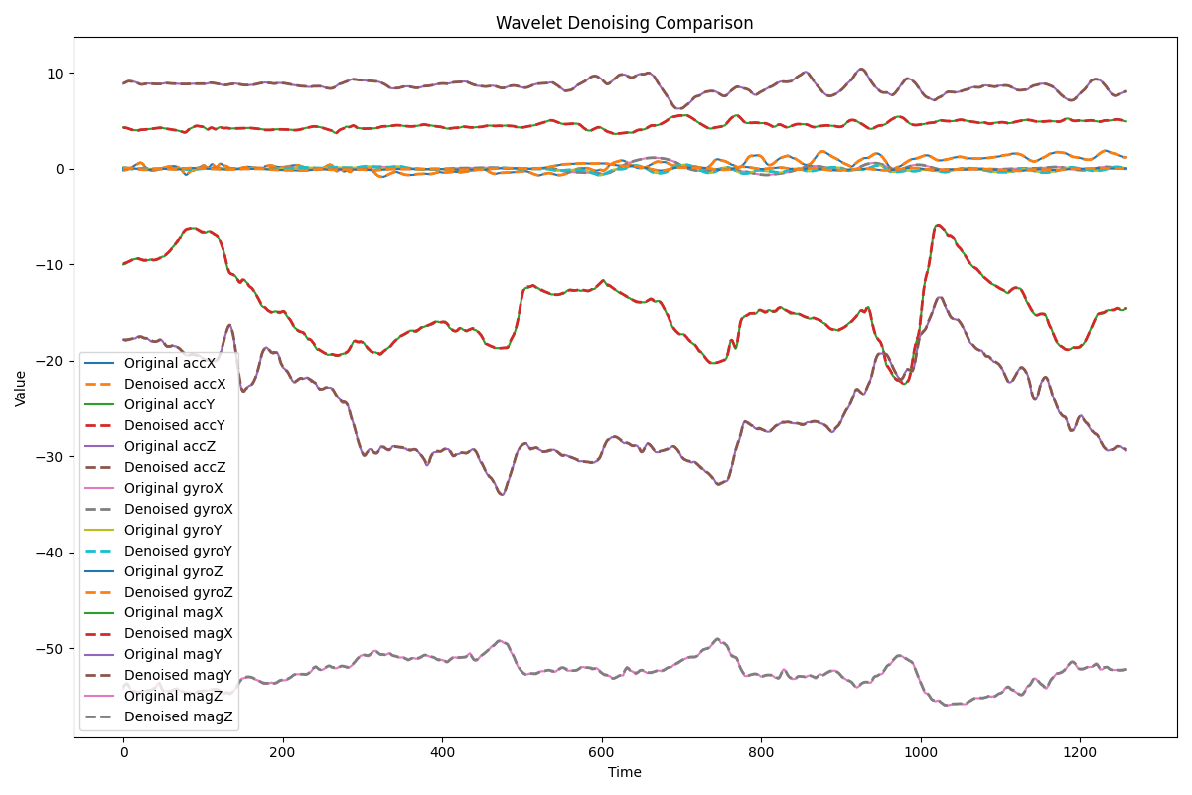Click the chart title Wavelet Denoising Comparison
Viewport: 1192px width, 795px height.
point(624,23)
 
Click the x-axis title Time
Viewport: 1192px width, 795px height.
point(624,772)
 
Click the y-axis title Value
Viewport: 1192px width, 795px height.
point(21,388)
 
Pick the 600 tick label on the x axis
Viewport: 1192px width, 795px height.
point(602,752)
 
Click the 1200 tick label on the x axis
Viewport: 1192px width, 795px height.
point(1081,752)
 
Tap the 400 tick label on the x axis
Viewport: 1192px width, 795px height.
point(442,752)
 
